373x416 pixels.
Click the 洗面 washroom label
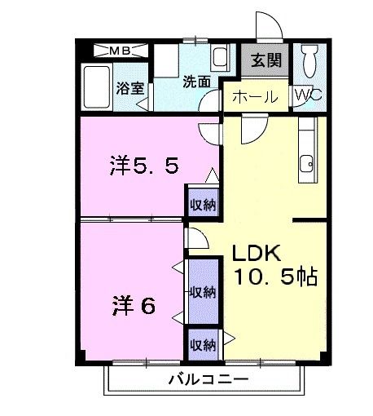click(196, 82)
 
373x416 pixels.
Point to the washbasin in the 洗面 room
click(221, 59)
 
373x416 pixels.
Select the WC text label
click(309, 95)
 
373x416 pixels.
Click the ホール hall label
click(255, 97)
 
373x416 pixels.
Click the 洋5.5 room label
click(143, 167)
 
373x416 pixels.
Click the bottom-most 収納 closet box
click(203, 343)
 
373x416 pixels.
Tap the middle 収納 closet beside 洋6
click(203, 291)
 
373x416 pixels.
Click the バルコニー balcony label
click(208, 380)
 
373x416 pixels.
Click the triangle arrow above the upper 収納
click(211, 175)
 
